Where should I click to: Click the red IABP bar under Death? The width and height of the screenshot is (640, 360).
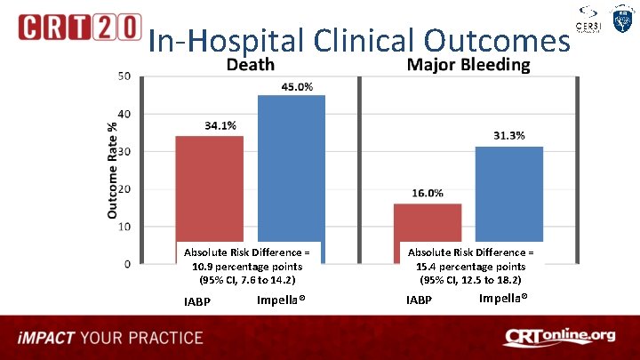(x=209, y=187)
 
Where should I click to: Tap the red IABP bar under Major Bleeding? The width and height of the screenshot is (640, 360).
(x=428, y=222)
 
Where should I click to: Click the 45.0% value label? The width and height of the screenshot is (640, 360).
(x=297, y=86)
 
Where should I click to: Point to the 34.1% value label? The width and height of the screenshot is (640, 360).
(x=220, y=126)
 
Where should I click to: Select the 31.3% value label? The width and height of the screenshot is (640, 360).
(x=508, y=136)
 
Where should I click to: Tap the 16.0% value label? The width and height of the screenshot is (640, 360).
(x=428, y=193)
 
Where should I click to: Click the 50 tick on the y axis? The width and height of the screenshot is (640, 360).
(x=125, y=76)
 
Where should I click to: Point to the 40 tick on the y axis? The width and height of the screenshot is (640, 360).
(x=125, y=114)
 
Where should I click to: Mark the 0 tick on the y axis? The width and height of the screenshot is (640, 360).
(x=128, y=263)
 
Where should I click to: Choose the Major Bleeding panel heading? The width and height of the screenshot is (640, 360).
(x=468, y=65)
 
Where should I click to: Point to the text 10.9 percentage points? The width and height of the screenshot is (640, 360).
(x=246, y=267)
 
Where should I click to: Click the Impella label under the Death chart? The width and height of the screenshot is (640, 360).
(x=281, y=300)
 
